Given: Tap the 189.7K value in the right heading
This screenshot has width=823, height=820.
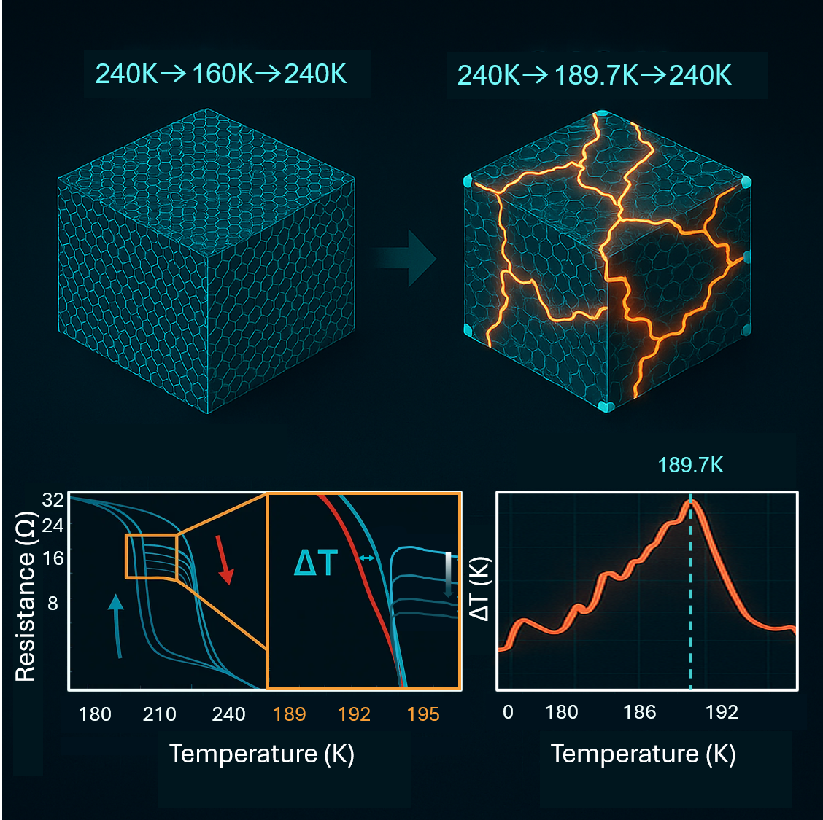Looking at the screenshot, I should pos(595,75).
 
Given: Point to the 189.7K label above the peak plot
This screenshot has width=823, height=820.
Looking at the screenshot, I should pos(690,465).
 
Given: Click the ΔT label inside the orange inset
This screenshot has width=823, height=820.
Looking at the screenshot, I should pos(316,563).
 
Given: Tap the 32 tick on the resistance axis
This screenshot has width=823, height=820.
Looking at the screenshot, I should pos(53,500).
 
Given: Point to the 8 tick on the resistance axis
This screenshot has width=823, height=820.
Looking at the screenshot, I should pos(53,604).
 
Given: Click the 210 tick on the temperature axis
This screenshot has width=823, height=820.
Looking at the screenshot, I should pos(159,714).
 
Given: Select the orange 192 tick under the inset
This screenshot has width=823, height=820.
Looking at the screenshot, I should pos(355,714).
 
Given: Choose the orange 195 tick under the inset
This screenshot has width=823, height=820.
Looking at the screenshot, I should pos(423,714).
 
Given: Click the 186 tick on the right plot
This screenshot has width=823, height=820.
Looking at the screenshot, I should pos(639,712).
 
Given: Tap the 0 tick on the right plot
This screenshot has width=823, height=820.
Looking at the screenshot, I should pos(509,712).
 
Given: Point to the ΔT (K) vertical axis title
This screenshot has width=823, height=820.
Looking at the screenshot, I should pos(479,589).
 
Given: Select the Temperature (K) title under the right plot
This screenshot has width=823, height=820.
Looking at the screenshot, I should pos(643,754).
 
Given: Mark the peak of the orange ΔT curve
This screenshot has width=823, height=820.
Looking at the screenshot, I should pos(691,502).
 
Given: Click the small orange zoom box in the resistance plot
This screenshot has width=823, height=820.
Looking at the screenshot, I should pos(151,556).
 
